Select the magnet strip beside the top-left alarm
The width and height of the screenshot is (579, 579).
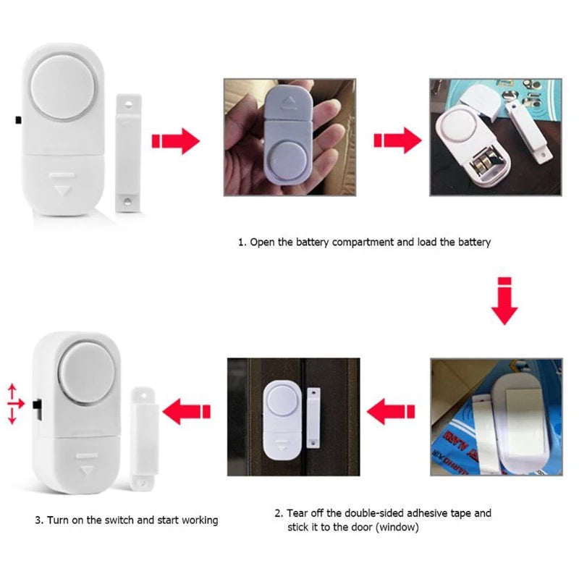click(x=130, y=151)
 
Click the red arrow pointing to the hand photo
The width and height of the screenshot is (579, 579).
click(x=175, y=140)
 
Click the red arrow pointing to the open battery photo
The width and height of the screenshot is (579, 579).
click(x=397, y=140)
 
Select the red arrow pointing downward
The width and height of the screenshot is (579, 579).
click(x=504, y=300)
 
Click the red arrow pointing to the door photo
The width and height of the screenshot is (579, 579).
click(x=391, y=414)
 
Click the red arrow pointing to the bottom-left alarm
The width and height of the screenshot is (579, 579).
click(x=186, y=414)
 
